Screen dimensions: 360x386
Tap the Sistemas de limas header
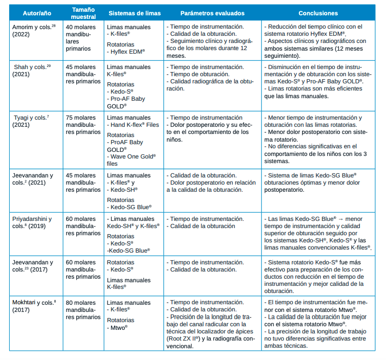click(x=134, y=13)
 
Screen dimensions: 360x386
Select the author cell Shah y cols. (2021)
click(x=28, y=71)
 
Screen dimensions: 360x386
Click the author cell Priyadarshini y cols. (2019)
click(x=32, y=222)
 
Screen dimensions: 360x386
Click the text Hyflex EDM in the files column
click(x=128, y=52)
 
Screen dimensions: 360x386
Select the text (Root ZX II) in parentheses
click(x=185, y=339)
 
